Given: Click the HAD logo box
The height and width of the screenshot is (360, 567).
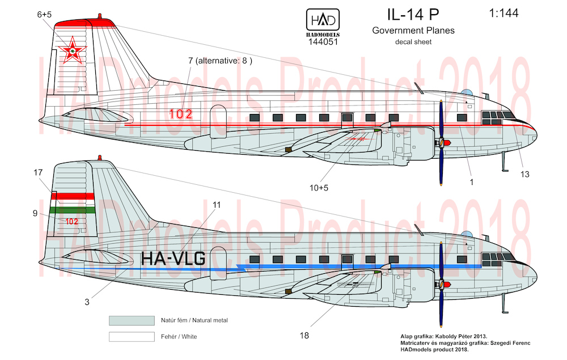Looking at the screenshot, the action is pyautogui.click(x=323, y=19).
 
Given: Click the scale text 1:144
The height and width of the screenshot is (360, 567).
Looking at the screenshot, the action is pyautogui.click(x=503, y=14).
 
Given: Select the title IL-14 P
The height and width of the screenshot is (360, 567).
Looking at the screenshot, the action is pyautogui.click(x=413, y=15).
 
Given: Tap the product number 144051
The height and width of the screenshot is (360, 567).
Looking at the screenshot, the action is pyautogui.click(x=323, y=42).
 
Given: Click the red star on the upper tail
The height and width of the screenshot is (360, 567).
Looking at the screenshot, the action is pyautogui.click(x=73, y=50).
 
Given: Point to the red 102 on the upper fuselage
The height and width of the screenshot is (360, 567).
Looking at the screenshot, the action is pyautogui.click(x=180, y=114).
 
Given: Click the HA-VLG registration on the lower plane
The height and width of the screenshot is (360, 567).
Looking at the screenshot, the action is pyautogui.click(x=173, y=259).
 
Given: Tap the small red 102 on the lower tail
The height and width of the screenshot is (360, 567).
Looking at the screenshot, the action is pyautogui.click(x=71, y=222).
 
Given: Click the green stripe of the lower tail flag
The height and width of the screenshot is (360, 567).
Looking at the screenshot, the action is pyautogui.click(x=73, y=210).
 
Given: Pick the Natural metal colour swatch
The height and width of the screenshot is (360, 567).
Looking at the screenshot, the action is pyautogui.click(x=132, y=321).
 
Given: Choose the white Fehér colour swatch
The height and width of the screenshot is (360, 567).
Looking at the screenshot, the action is pyautogui.click(x=132, y=337).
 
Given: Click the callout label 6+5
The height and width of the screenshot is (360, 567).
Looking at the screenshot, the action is pyautogui.click(x=44, y=15).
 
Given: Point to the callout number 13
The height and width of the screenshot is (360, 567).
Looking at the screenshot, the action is pyautogui.click(x=524, y=175).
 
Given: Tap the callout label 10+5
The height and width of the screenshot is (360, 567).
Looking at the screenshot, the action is pyautogui.click(x=319, y=188).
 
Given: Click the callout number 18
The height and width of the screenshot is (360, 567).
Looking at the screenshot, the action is pyautogui.click(x=304, y=336).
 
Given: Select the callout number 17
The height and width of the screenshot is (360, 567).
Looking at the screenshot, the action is pyautogui.click(x=38, y=173).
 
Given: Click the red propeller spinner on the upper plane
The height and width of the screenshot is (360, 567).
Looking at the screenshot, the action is pyautogui.click(x=447, y=143).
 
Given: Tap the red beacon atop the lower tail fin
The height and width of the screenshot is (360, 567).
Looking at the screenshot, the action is pyautogui.click(x=100, y=158).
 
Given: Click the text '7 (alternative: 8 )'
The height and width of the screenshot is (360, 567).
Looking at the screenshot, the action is pyautogui.click(x=220, y=61).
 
